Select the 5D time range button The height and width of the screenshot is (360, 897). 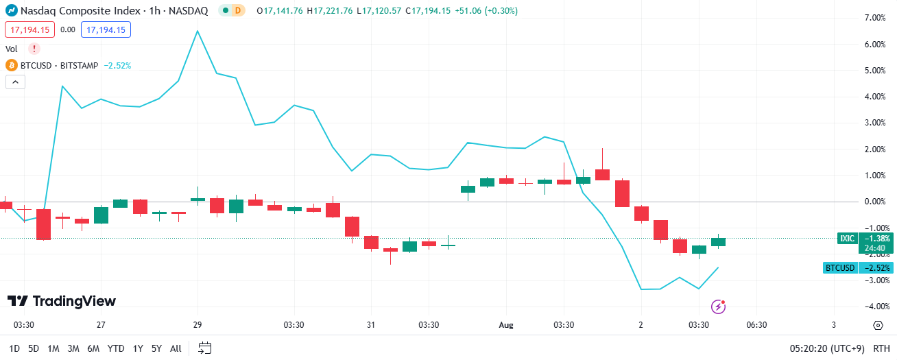34,348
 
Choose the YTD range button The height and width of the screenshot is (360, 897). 116,348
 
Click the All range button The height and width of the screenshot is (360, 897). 176,348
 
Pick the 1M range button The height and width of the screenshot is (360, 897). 53,348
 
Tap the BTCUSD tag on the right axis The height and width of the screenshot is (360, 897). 840,267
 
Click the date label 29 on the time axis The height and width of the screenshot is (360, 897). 198,325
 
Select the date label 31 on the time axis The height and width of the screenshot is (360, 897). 371,325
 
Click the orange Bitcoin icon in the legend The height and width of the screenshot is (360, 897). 11,65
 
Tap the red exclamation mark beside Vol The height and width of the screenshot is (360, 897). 34,49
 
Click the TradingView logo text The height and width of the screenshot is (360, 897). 62,301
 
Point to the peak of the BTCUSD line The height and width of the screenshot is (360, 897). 198,31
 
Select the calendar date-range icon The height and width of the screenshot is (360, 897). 205,348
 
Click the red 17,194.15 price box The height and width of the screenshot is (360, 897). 29,29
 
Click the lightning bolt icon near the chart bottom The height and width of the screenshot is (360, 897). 718,307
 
